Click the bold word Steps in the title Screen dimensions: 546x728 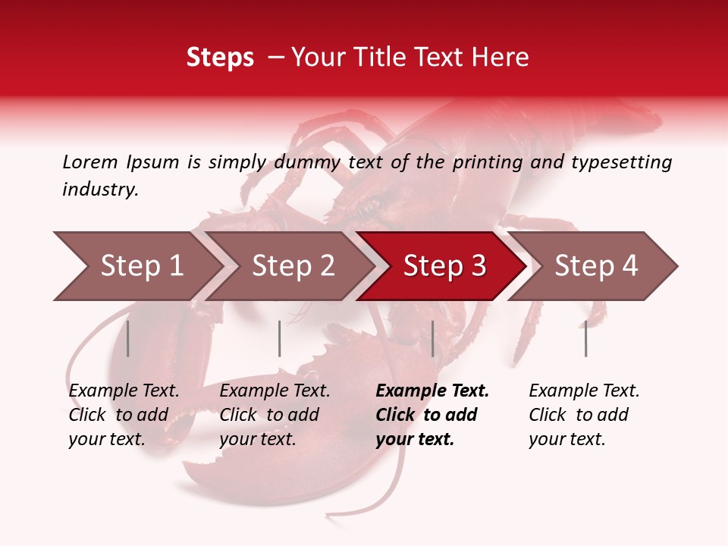220,58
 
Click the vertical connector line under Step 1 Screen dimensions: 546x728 128,338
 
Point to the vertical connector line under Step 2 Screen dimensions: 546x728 280,338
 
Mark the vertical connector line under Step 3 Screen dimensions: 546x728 432,338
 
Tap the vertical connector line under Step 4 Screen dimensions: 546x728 585,338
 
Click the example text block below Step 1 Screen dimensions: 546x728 124,415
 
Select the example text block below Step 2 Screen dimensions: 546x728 275,415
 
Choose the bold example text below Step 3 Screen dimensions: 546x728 432,415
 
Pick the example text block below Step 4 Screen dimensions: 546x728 584,415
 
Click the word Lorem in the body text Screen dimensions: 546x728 90,162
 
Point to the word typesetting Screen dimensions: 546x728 622,162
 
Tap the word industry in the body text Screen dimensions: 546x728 100,190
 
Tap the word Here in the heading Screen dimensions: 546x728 504,58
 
